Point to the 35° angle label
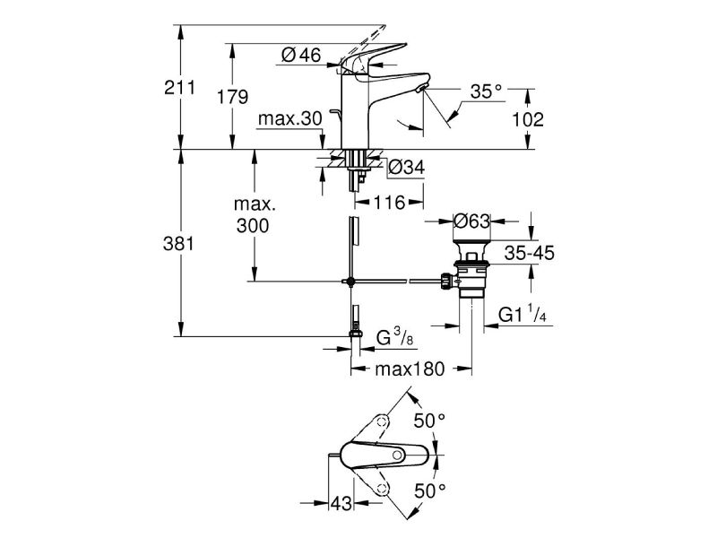point(486,91)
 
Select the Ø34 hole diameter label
point(407,166)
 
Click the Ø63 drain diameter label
point(471,220)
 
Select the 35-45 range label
point(529,253)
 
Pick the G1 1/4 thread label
point(523,314)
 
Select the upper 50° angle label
point(428,421)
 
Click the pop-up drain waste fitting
point(470,268)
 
